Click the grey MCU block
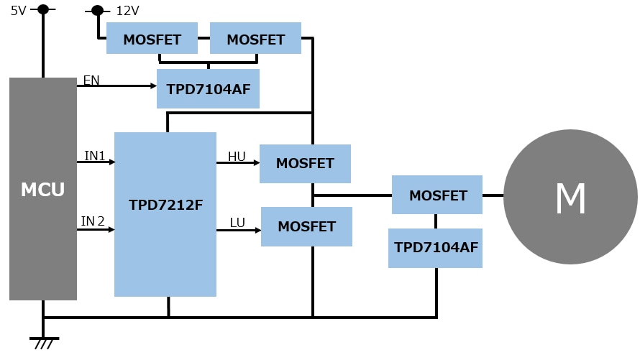click(x=43, y=189)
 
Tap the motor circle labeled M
click(x=570, y=196)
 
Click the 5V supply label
click(x=18, y=11)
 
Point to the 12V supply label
click(x=127, y=11)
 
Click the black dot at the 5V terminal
click(x=43, y=9)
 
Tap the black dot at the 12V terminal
click(x=97, y=10)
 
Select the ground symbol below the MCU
click(x=44, y=342)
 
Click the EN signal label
click(x=91, y=80)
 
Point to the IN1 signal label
click(x=95, y=156)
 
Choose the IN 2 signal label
click(x=93, y=221)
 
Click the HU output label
click(x=237, y=157)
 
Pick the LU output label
click(x=237, y=223)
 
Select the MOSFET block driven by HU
click(x=305, y=164)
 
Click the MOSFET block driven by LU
click(x=306, y=226)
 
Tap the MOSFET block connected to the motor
click(x=437, y=195)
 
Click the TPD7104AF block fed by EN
click(x=209, y=89)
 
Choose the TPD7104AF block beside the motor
click(x=436, y=248)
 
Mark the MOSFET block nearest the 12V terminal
click(x=152, y=39)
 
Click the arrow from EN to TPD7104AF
click(x=119, y=86)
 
